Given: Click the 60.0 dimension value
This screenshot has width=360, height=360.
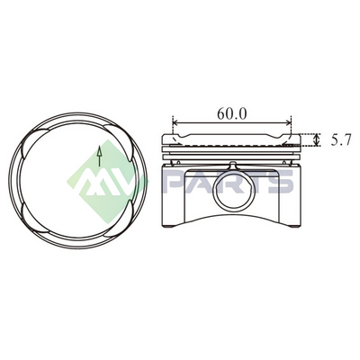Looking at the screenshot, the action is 231,114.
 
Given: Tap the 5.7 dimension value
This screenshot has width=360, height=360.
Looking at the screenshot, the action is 340,140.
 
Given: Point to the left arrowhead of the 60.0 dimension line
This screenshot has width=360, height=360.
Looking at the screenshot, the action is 176,122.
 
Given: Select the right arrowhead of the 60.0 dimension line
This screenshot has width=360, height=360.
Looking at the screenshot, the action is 288,122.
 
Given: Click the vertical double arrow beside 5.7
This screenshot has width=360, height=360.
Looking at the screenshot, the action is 316,139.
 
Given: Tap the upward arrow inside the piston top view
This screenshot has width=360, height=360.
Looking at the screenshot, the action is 99,156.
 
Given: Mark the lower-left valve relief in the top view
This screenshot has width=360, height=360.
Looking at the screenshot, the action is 33,219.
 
